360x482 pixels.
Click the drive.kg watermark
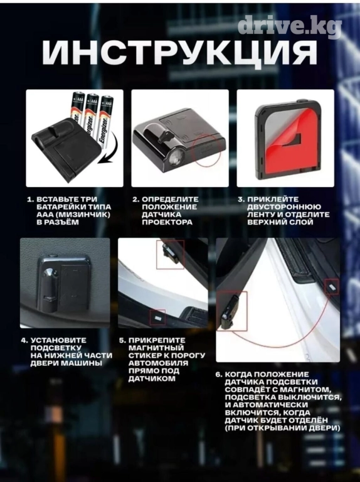(x=290, y=27)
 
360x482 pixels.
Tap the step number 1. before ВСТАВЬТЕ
(x=30, y=200)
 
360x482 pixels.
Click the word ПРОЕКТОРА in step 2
(x=167, y=222)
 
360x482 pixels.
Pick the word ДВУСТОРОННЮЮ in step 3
(x=283, y=207)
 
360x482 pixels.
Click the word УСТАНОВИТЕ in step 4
(x=59, y=341)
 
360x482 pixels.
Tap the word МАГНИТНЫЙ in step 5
(x=156, y=348)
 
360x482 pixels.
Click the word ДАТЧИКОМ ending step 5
(x=152, y=378)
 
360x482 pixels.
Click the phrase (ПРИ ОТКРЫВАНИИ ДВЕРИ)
(x=282, y=428)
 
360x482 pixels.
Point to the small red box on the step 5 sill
(x=157, y=317)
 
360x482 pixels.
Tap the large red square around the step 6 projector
(x=232, y=311)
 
